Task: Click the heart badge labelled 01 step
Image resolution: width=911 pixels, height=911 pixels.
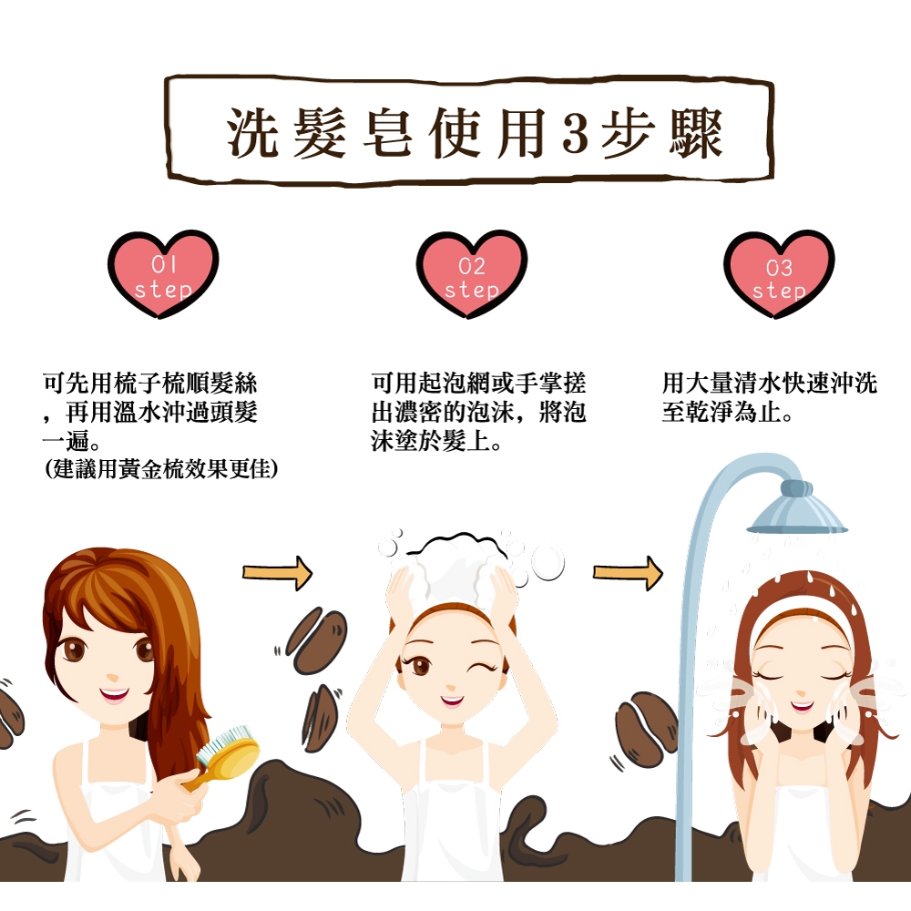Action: tap(163, 273)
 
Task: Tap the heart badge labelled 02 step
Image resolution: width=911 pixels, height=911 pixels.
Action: tap(471, 273)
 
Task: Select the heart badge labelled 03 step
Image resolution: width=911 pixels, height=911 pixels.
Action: tap(779, 273)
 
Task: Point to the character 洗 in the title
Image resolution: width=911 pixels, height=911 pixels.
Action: tap(251, 133)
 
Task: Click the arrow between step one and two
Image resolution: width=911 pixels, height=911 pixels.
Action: tap(278, 573)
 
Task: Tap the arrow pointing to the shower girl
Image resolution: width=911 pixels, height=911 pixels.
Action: tap(628, 573)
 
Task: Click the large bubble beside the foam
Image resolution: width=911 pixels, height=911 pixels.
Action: tap(548, 562)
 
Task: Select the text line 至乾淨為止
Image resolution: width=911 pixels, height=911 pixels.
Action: tap(727, 413)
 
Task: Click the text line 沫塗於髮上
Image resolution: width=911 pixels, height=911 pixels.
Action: tap(436, 442)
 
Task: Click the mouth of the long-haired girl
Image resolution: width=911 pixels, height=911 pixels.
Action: tap(114, 695)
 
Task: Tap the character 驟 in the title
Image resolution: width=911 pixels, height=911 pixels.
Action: tap(696, 133)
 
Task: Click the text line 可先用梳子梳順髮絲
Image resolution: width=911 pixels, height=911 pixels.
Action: tap(150, 384)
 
